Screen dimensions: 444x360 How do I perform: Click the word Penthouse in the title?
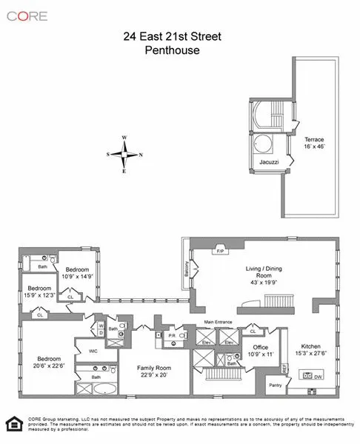click(x=180, y=50)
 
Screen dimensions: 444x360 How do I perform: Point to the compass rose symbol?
click(x=127, y=154)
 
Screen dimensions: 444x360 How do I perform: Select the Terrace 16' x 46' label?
click(x=314, y=143)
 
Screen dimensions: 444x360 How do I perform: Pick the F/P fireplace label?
click(x=220, y=251)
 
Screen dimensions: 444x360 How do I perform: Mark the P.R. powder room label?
click(x=170, y=334)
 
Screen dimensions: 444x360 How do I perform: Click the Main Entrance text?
click(x=219, y=323)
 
